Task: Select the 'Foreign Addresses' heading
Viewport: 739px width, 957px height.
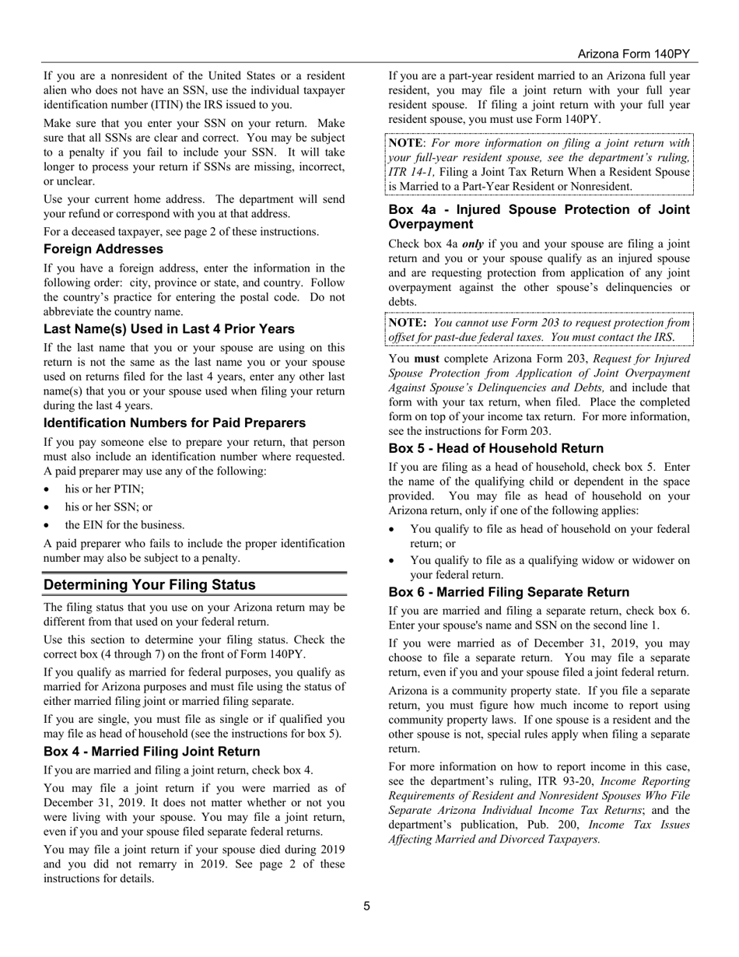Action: (x=103, y=250)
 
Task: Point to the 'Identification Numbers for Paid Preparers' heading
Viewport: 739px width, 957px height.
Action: (x=174, y=423)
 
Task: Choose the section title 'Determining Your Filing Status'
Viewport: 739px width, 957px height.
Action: (x=149, y=585)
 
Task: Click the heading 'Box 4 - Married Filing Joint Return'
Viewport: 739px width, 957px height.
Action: (x=152, y=752)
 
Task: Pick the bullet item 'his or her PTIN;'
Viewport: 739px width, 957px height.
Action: (x=104, y=489)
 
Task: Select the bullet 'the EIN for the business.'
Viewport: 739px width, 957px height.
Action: (x=124, y=525)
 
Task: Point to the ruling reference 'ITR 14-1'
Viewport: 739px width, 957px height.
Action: (x=412, y=172)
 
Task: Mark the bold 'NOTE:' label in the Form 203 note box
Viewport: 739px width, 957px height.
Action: (x=407, y=323)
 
